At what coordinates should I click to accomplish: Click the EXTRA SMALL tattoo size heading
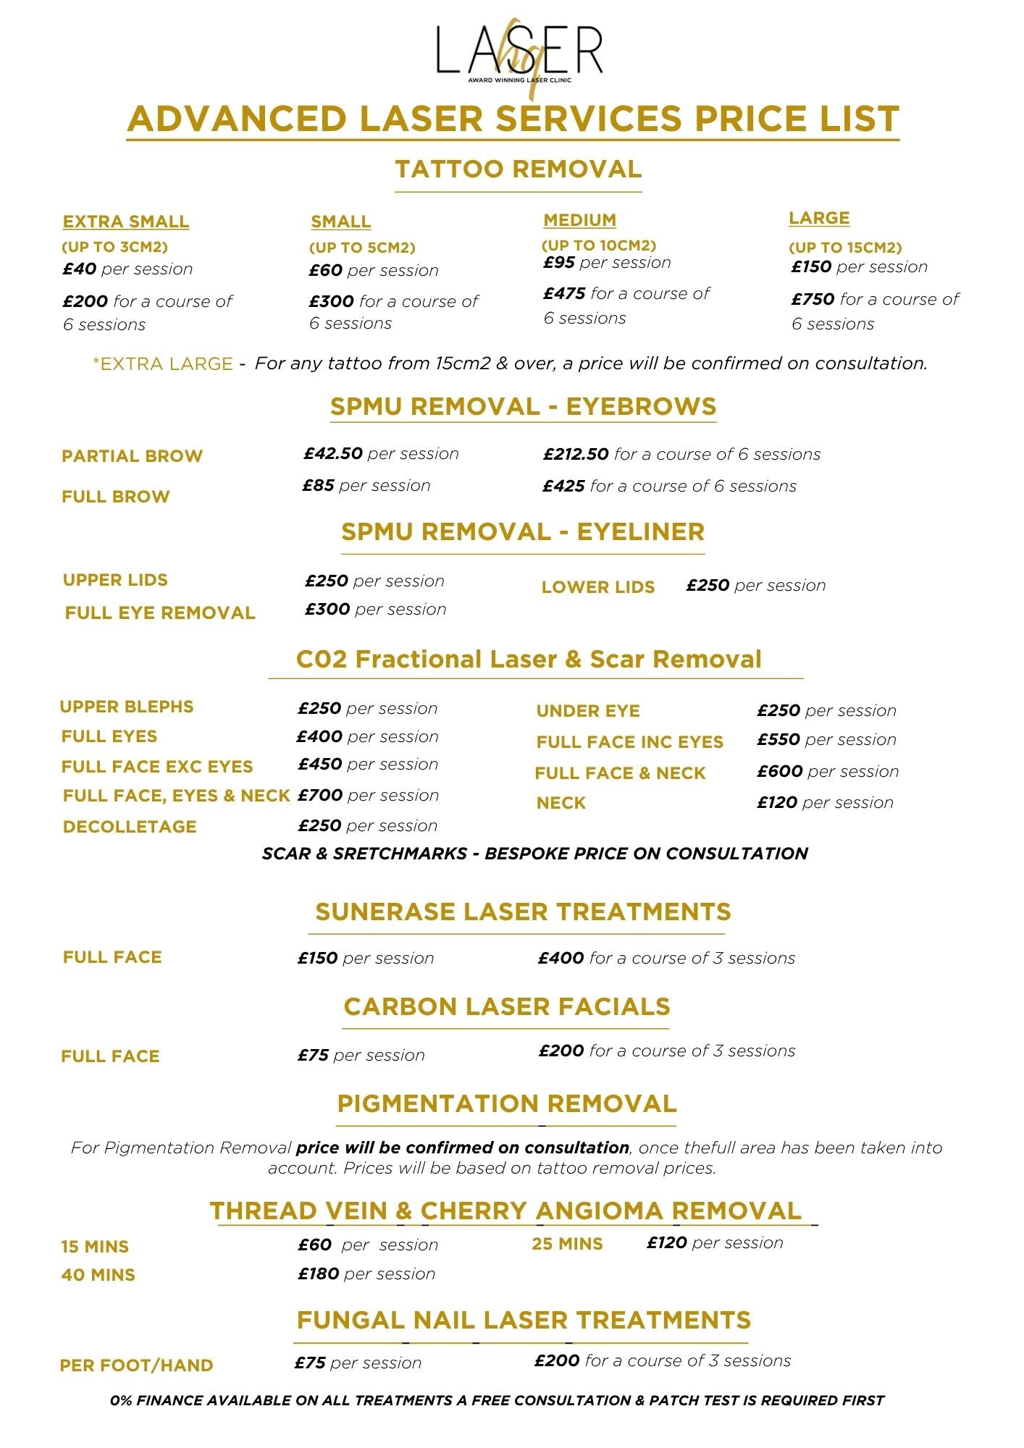pos(125,222)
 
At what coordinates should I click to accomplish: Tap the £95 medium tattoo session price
pos(559,263)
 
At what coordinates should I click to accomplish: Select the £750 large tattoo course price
pos(813,299)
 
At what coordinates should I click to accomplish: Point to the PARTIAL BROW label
pos(132,456)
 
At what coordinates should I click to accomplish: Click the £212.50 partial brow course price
pos(576,454)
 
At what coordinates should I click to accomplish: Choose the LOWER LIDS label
pos(597,587)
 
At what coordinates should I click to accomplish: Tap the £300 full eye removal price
pos(327,610)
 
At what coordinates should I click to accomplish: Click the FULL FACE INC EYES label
pos(629,742)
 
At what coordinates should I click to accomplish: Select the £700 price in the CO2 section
pos(320,795)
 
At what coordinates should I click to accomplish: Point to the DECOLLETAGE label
pos(130,827)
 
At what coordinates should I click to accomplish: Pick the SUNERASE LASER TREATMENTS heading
pos(523,912)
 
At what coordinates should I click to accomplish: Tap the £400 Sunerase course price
pos(561,958)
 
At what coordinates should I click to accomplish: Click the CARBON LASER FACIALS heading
pos(507,1006)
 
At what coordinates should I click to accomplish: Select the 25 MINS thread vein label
pos(567,1244)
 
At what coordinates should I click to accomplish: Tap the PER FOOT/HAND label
pos(136,1365)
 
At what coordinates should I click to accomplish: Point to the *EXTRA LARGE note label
pos(163,363)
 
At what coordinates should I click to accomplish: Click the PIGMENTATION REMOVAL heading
pos(507,1103)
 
